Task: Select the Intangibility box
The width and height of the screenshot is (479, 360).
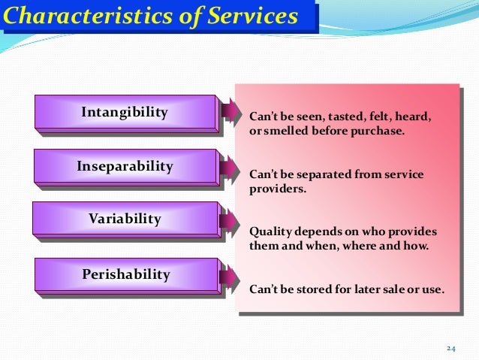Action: tap(125, 113)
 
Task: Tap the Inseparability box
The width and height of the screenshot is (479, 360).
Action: tap(125, 166)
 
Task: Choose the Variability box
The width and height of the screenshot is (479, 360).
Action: tap(125, 219)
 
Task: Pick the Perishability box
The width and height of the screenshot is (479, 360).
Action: tap(125, 275)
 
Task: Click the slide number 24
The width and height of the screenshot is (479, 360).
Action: tap(450, 348)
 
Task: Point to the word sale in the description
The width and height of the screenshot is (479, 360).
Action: tap(390, 289)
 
